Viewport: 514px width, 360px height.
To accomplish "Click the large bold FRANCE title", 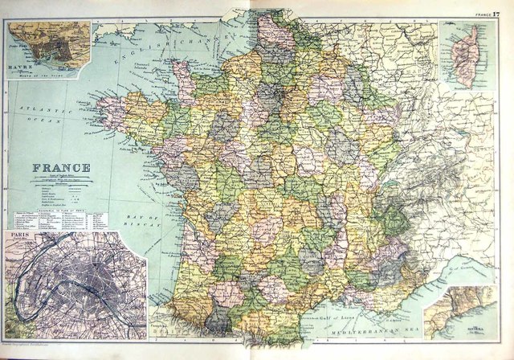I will [x=61, y=168].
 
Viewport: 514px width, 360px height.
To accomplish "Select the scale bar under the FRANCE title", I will [x=61, y=179].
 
